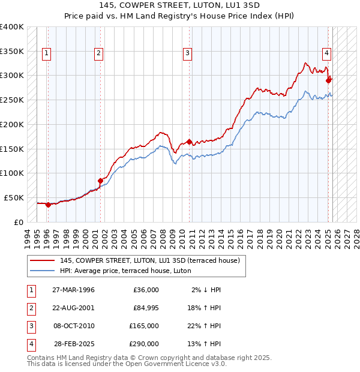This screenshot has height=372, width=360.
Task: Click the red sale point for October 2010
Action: click(x=189, y=142)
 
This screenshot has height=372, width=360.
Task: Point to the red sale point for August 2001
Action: click(x=100, y=180)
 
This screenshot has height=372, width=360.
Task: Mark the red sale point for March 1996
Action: click(x=47, y=204)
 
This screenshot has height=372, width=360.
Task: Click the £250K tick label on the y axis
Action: click(x=12, y=100)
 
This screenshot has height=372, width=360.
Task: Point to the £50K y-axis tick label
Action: click(x=14, y=197)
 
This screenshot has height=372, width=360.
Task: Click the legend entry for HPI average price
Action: click(x=125, y=271)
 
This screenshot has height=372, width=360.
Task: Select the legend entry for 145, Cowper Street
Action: click(x=149, y=260)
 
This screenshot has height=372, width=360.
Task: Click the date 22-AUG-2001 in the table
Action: click(x=73, y=308)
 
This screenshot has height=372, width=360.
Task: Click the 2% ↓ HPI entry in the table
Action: click(x=206, y=290)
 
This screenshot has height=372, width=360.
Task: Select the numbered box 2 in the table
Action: click(x=30, y=308)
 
